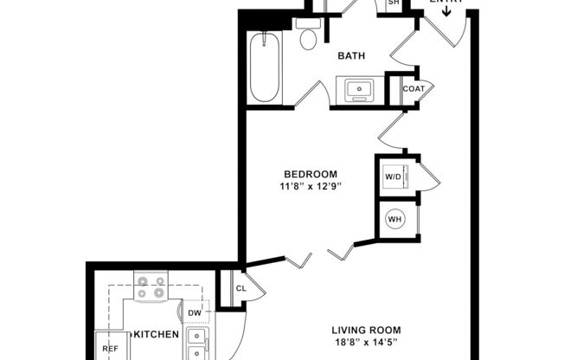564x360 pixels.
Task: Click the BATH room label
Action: point(351,56)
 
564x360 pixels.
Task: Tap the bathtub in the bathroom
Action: point(264,67)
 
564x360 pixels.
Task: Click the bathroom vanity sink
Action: point(356,88)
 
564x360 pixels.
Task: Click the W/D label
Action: point(394,177)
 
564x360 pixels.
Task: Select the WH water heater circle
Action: point(395,219)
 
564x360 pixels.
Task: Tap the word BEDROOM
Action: point(308,174)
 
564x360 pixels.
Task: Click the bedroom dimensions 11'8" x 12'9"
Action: point(308,186)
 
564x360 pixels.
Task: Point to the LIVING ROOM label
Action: point(366,330)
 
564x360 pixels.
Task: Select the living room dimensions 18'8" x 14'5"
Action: point(366,343)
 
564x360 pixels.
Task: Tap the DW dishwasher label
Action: point(195,312)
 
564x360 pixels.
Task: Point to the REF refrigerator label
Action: point(110,349)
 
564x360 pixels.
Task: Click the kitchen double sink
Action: point(196,344)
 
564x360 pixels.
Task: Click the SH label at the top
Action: point(394,3)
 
